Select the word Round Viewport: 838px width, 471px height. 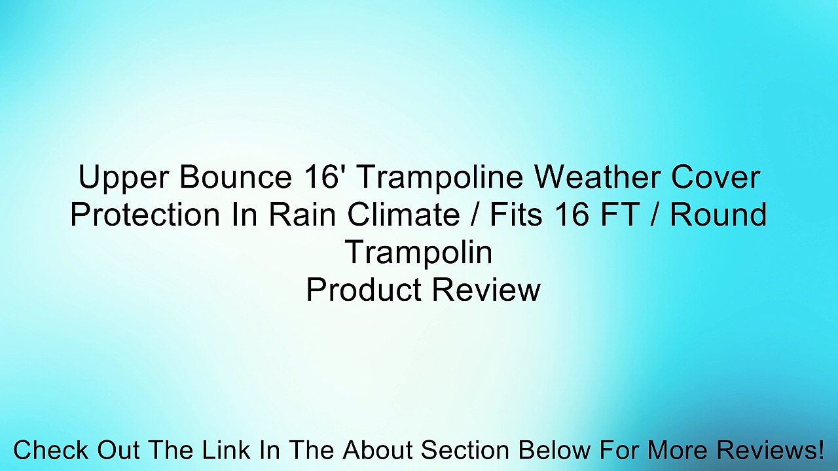coord(718,215)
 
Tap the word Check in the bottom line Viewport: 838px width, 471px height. coord(51,451)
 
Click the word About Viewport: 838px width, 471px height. coord(378,451)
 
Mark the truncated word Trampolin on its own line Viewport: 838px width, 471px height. coord(419,253)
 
